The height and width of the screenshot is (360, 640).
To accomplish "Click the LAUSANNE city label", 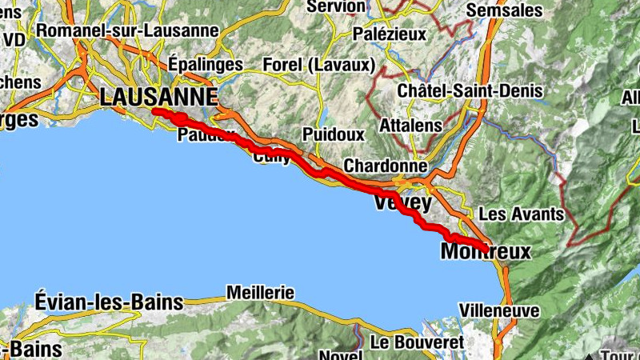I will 159,97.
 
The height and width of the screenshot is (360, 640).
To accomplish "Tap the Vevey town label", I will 402,203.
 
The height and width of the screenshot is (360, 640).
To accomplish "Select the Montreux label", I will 486,252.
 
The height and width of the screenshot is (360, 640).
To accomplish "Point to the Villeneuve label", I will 499,310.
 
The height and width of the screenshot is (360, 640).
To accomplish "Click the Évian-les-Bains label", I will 109,302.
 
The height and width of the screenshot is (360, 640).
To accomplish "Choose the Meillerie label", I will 260,292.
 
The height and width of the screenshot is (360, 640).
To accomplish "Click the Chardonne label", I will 386,166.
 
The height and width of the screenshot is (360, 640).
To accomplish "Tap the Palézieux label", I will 391,35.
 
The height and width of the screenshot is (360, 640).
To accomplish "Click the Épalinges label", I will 205,63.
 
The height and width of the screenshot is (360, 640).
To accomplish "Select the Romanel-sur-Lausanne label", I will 127,30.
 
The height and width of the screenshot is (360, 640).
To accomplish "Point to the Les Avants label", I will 521,214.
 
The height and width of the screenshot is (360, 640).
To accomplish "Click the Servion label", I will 336,6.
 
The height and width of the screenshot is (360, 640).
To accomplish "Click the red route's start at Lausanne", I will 154,112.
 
